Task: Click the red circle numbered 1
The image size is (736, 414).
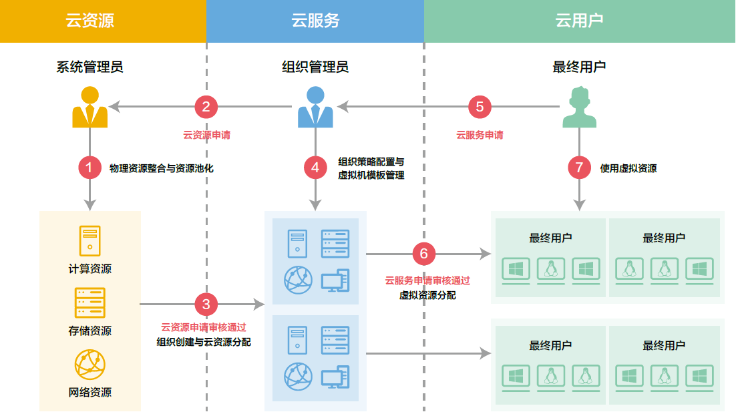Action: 89,168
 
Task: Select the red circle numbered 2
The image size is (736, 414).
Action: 206,106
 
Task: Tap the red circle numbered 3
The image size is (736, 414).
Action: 206,304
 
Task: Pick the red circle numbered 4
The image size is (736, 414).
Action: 315,168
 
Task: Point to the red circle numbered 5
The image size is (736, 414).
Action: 480,106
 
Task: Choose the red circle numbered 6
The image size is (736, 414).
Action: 424,254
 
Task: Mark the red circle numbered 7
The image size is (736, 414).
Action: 580,168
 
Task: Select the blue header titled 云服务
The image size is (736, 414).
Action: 315,21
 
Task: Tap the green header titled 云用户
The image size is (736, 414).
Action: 580,21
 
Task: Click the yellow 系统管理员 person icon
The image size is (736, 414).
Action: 89,108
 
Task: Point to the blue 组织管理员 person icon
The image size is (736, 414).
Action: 315,108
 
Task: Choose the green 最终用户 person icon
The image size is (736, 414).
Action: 579,108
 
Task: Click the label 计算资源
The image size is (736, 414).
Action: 90,269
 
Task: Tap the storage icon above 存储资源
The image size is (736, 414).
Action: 90,302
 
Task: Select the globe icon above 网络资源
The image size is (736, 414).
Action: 90,364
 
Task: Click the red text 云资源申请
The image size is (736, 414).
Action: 207,135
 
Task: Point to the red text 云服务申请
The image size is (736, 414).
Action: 480,135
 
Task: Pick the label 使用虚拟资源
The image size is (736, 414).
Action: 628,168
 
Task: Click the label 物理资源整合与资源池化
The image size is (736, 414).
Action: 161,168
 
